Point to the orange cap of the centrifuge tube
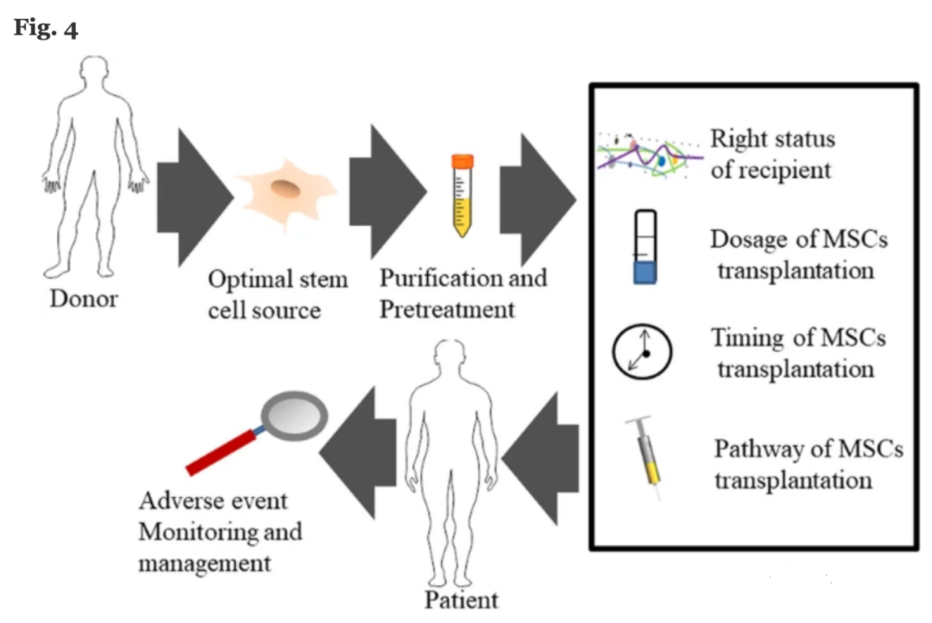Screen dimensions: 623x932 coord(463,160)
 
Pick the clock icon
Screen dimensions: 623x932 coord(642,351)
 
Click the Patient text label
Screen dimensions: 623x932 coord(461,599)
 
